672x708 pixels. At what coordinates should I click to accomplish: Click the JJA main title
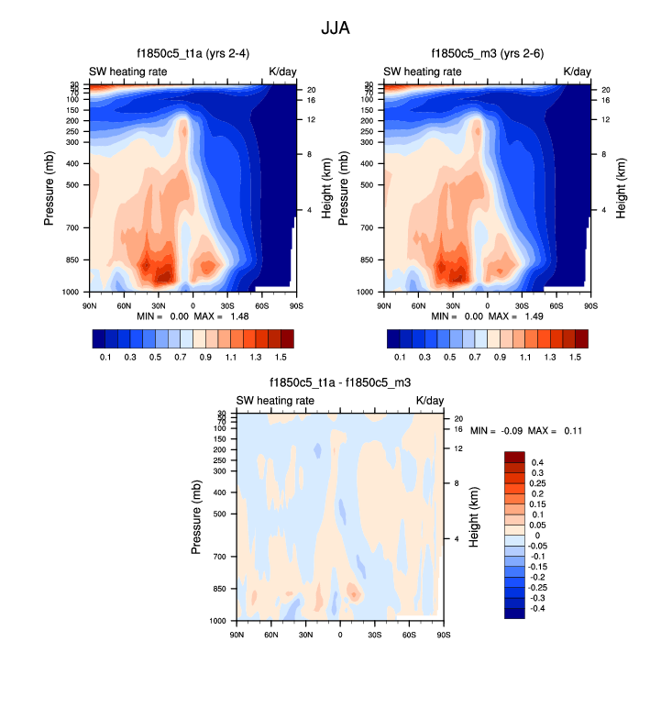click(x=335, y=28)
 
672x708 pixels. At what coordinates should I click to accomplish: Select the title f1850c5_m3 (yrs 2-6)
click(x=487, y=53)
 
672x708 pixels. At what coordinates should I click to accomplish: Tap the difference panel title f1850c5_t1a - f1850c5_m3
click(x=339, y=383)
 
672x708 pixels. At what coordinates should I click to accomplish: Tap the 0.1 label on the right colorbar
click(x=400, y=355)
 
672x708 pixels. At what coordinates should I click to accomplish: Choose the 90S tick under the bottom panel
click(x=442, y=635)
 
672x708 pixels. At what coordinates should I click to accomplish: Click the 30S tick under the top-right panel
click(x=522, y=304)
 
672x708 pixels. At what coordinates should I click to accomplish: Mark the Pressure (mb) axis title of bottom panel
click(x=196, y=516)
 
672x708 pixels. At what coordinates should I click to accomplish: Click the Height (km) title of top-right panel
click(x=621, y=187)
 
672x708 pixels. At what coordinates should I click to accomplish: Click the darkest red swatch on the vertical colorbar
click(x=514, y=456)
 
